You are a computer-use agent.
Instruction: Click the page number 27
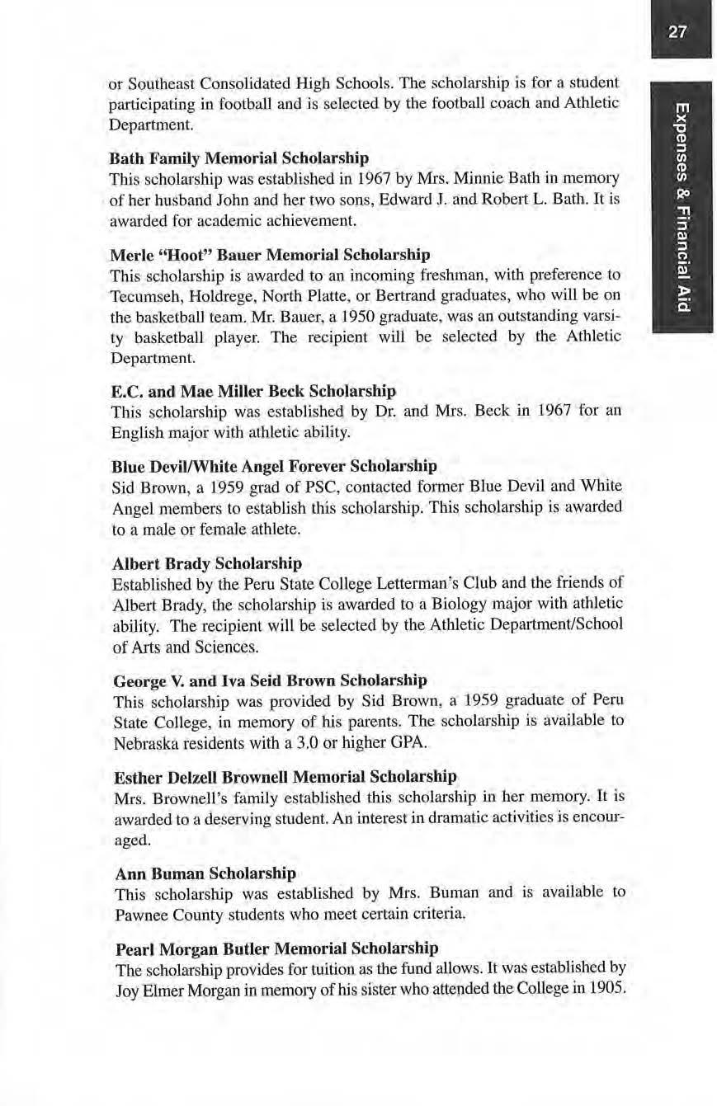click(678, 32)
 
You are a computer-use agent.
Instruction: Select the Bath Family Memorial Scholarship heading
click(239, 157)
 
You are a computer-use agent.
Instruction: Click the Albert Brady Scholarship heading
click(206, 564)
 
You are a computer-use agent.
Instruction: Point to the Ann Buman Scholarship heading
click(203, 873)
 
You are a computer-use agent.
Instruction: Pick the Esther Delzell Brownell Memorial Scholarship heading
click(284, 777)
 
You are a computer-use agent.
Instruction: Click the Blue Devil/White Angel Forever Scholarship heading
click(274, 466)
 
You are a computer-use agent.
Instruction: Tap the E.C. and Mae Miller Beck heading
click(253, 389)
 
